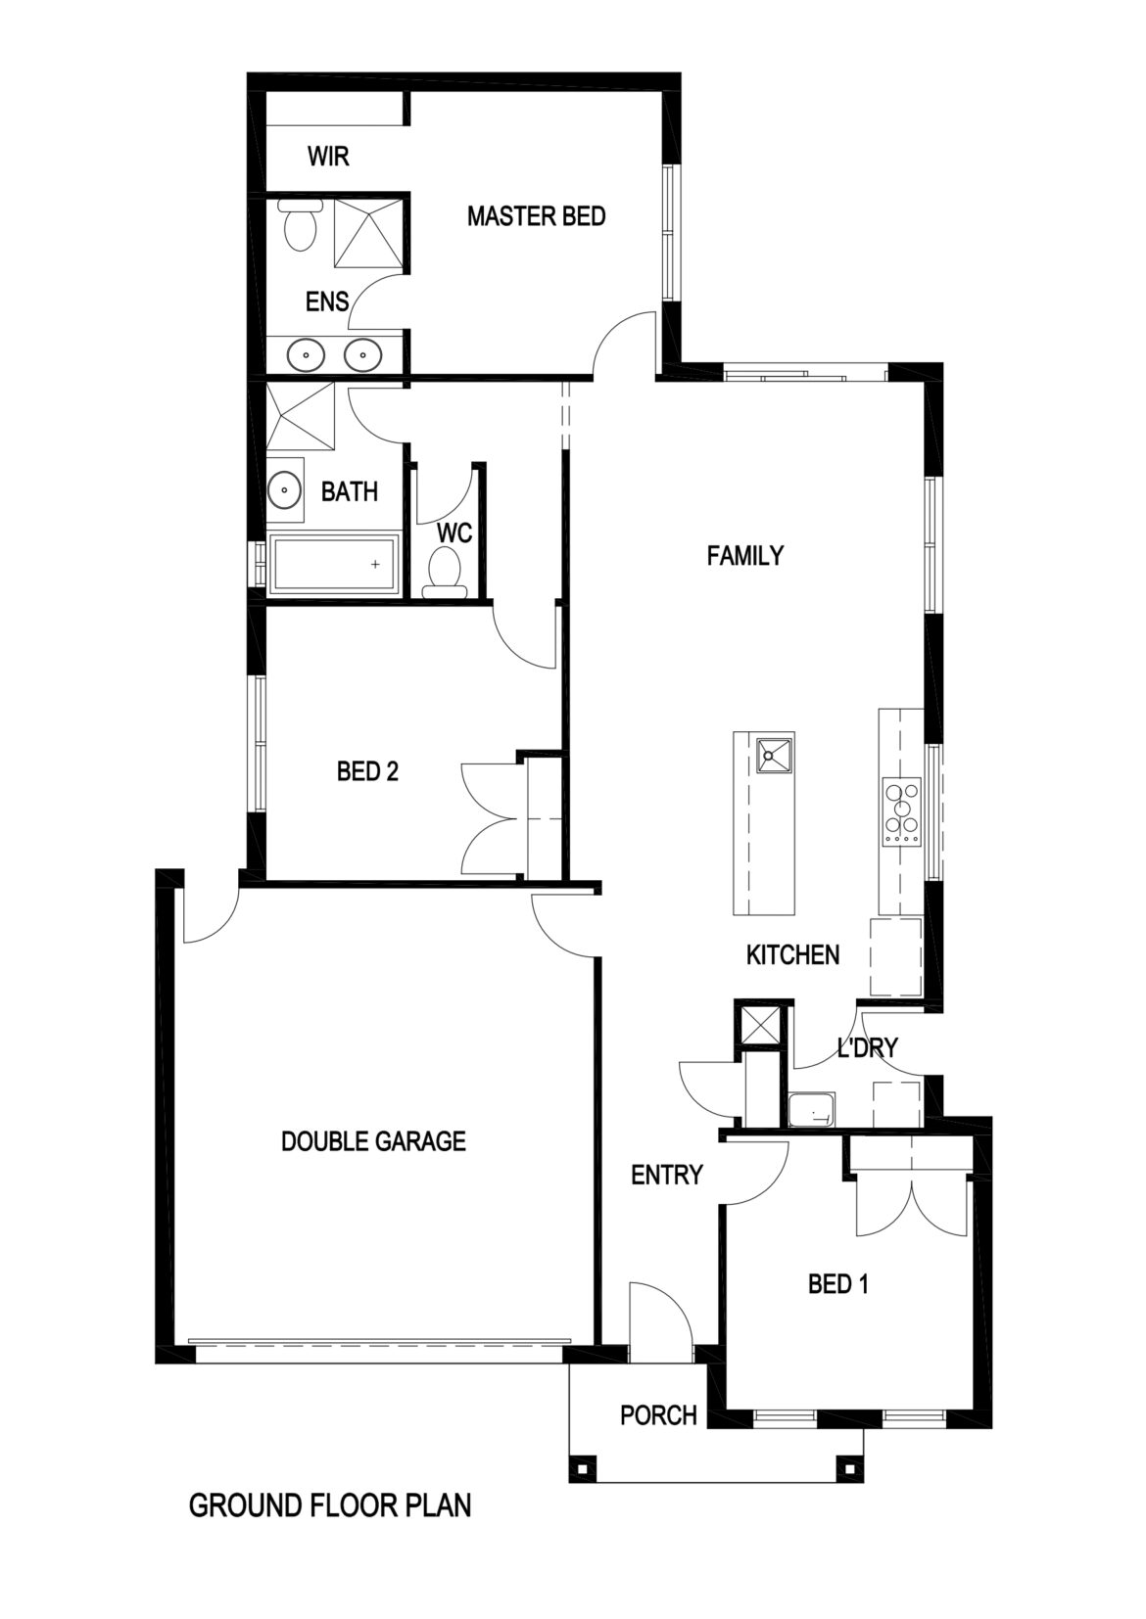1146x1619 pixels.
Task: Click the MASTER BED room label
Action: click(536, 215)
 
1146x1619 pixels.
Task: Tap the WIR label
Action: click(327, 157)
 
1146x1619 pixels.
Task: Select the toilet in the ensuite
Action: click(297, 227)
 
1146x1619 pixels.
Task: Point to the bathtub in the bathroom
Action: click(334, 565)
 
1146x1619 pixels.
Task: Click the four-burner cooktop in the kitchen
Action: click(901, 810)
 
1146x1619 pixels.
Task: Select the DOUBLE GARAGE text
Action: click(373, 1140)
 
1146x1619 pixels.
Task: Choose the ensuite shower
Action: click(369, 232)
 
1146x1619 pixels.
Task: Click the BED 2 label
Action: click(367, 772)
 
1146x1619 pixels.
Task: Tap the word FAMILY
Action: click(745, 556)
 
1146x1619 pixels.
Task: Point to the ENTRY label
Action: click(666, 1174)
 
